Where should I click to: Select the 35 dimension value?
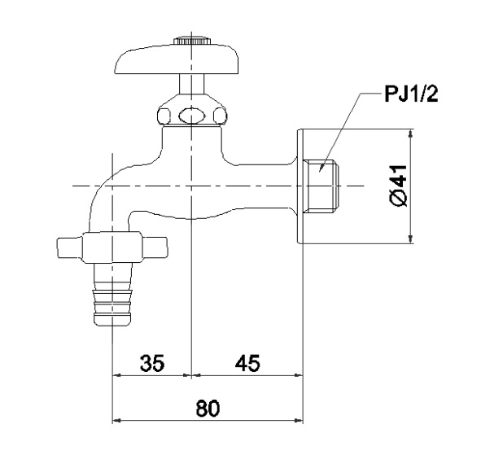pos(151,364)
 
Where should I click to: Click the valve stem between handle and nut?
pos(190,85)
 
